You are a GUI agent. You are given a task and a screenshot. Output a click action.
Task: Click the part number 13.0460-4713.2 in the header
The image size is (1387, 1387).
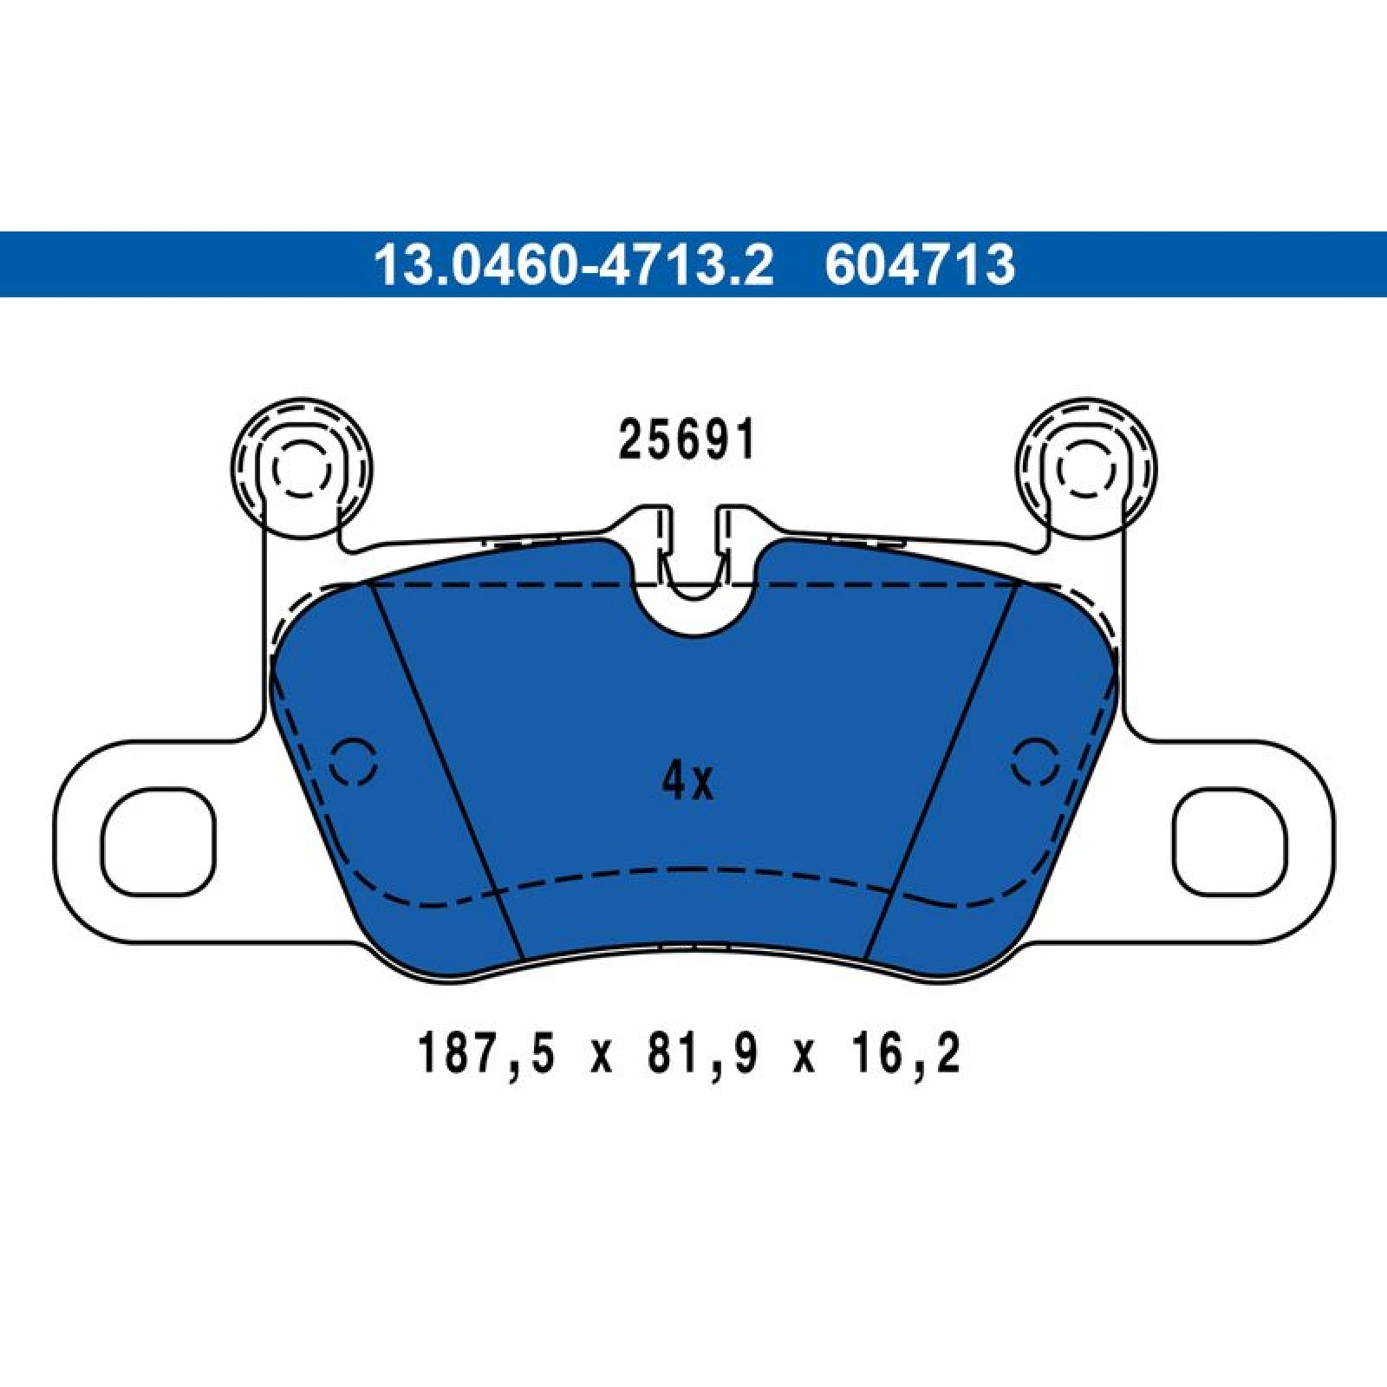573,264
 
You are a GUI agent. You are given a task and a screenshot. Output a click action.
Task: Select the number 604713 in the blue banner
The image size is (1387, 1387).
920,264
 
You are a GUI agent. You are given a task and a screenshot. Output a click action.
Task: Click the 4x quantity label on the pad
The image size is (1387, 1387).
687,782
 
